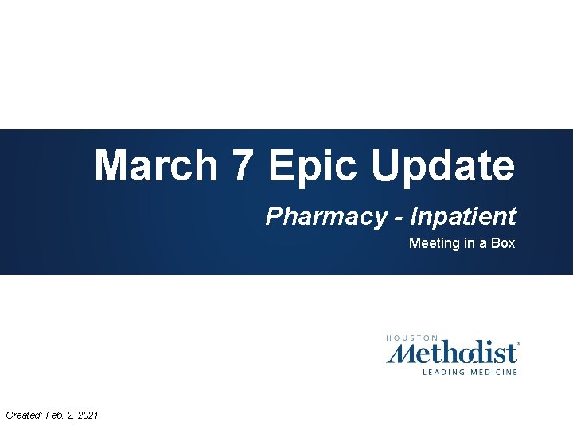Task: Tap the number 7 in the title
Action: pos(241,166)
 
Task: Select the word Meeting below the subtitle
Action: pos(435,243)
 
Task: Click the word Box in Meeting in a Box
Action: pos(503,243)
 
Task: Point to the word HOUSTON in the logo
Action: pos(412,338)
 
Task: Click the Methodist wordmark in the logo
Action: pos(453,353)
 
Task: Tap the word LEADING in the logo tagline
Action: pos(440,372)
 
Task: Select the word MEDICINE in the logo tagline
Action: pos(492,372)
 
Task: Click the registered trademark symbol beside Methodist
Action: pos(519,344)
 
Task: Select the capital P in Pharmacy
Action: pos(272,216)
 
